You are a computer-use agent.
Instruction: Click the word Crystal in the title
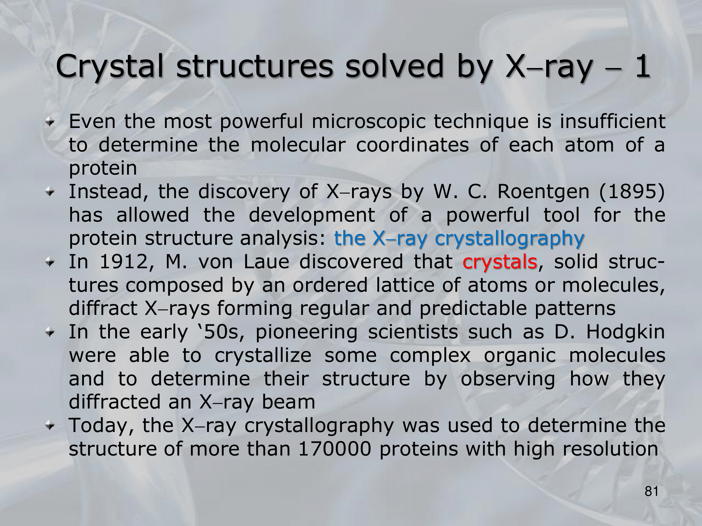click(110, 67)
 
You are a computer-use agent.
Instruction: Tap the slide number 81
click(651, 492)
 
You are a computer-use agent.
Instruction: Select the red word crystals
click(500, 262)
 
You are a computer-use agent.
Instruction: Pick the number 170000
click(335, 449)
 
